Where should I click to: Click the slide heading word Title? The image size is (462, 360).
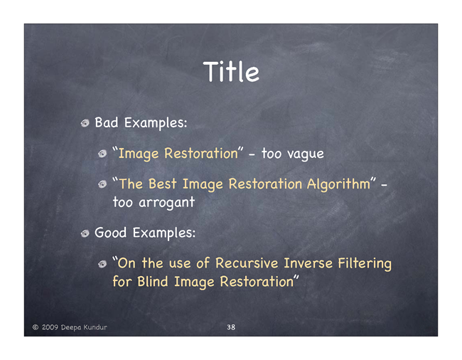coord(231,72)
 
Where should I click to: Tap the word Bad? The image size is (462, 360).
coord(107,122)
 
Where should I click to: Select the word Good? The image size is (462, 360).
coord(110,233)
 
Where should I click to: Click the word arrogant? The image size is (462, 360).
coord(167,203)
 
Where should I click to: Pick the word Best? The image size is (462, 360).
coord(162,184)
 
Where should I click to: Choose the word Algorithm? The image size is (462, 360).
coord(338,184)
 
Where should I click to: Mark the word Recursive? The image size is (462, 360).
coord(247,263)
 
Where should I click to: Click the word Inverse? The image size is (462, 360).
coord(308,263)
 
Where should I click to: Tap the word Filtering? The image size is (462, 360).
coord(365,264)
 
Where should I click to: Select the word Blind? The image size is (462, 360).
coord(153,281)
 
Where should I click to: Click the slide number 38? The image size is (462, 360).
coord(231,327)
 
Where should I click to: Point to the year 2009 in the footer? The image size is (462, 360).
coord(50,327)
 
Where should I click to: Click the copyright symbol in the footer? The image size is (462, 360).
coord(36,327)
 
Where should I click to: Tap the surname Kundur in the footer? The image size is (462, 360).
coord(95,327)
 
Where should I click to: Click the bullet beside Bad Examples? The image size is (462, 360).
coord(85,123)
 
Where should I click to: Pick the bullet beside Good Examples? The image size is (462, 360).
coord(85,234)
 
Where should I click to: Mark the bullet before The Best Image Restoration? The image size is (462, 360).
coord(102,184)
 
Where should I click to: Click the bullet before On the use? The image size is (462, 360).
coord(102,264)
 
